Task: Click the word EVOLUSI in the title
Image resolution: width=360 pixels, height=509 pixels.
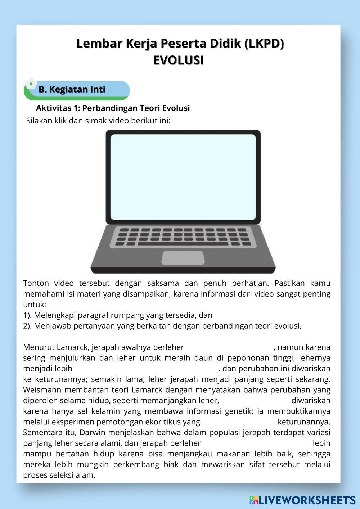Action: pos(179,60)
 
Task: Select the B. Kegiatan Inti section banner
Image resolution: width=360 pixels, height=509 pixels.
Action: pos(77,90)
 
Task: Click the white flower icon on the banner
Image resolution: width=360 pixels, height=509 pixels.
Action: pos(31,84)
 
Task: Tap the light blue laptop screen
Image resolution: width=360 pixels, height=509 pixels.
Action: pos(183,177)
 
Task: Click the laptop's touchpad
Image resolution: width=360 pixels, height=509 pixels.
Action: pos(183,257)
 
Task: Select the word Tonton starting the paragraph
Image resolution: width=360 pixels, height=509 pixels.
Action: pos(36,283)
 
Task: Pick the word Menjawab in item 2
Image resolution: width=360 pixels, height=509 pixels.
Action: pos(51,326)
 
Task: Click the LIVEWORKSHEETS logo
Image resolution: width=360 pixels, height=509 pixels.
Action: pos(302,500)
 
